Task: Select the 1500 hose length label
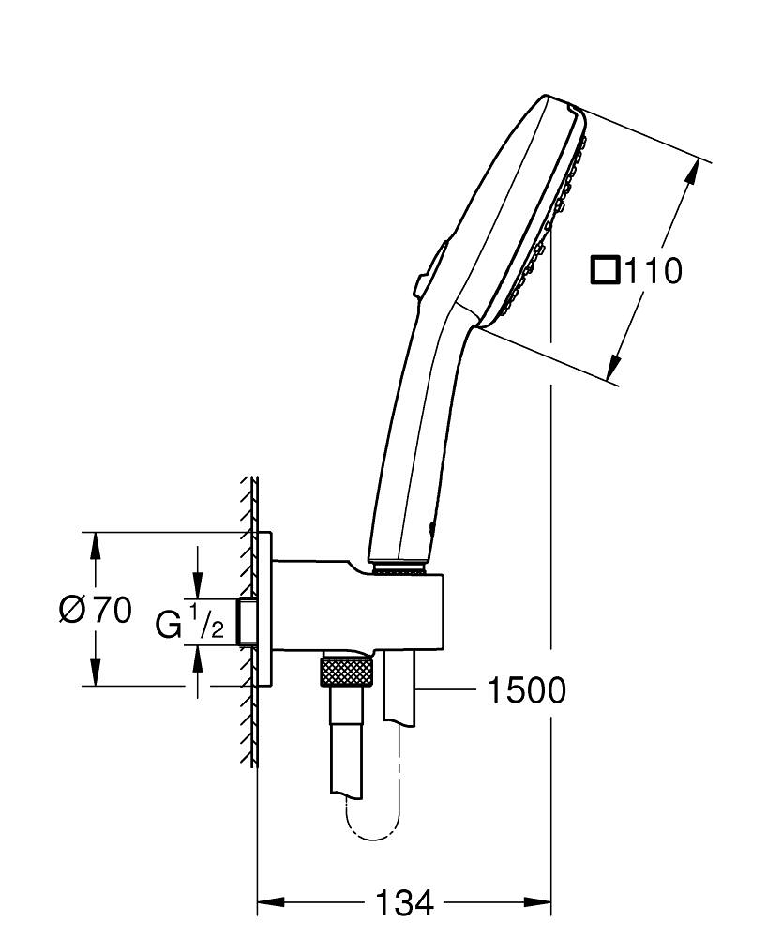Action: point(526,691)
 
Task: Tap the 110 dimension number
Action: point(652,272)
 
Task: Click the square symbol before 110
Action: point(606,271)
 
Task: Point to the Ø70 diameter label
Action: point(95,611)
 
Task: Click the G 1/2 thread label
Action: point(190,623)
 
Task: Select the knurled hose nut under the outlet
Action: point(347,672)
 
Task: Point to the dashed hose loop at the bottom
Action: point(375,825)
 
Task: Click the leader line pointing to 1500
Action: point(450,691)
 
